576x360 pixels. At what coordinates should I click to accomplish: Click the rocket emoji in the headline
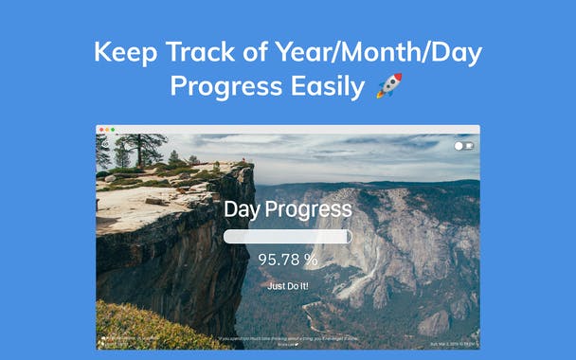[x=389, y=86]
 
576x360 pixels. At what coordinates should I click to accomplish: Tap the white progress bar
[x=287, y=237]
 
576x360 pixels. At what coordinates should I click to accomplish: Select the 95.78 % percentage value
[x=288, y=259]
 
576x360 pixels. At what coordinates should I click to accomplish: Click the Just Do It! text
[x=288, y=285]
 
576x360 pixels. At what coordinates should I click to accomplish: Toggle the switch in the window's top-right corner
[x=463, y=146]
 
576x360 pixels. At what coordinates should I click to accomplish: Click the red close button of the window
[x=101, y=129]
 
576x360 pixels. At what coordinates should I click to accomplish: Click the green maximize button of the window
[x=113, y=129]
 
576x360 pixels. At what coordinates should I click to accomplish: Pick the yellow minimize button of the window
[x=107, y=129]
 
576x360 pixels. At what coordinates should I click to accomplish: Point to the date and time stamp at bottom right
[x=453, y=344]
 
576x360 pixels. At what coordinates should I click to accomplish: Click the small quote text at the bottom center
[x=288, y=339]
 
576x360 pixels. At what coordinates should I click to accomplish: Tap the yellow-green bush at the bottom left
[x=142, y=327]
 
